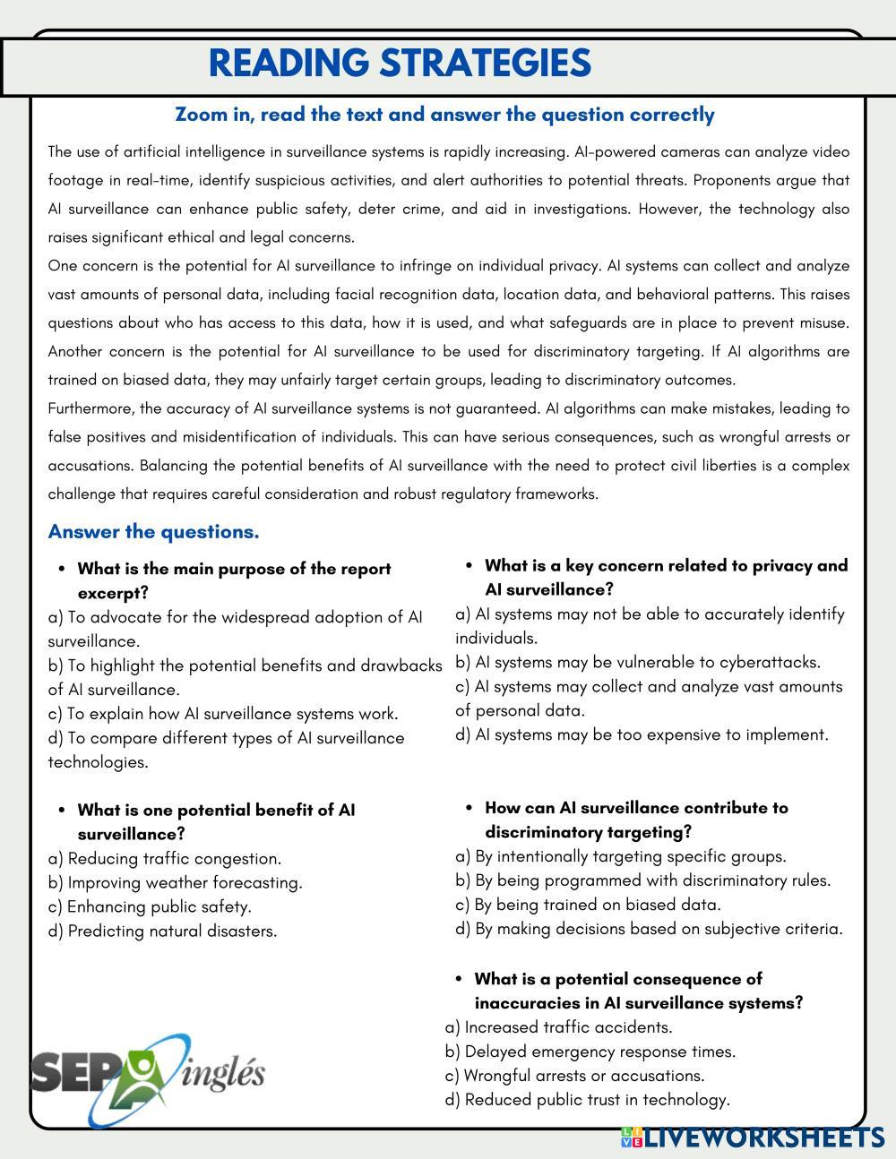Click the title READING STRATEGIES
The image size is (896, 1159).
click(x=400, y=64)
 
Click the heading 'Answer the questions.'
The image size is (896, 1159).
click(x=153, y=532)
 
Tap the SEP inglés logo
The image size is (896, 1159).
click(x=148, y=1075)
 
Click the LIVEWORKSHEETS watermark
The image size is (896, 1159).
click(x=753, y=1138)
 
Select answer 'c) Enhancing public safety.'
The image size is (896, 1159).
click(x=150, y=906)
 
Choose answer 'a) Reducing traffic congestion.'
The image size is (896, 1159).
click(x=165, y=858)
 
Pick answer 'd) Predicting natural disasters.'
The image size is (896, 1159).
click(x=162, y=931)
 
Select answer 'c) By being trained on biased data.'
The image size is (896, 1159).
click(x=588, y=905)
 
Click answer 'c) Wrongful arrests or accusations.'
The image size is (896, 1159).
click(x=574, y=1076)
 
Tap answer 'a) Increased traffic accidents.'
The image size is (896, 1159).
click(x=558, y=1027)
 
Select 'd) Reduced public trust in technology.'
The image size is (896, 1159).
click(x=587, y=1100)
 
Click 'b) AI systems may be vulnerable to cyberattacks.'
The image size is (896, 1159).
click(x=638, y=662)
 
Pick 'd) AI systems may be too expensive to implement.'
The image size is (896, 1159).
click(x=642, y=734)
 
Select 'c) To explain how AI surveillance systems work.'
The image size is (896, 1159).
click(x=223, y=714)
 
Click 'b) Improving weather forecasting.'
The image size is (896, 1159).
click(x=176, y=882)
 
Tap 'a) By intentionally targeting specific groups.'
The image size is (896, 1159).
click(x=621, y=856)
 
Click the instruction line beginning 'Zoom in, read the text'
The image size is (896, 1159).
click(x=444, y=115)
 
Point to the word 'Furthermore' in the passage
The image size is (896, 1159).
click(x=90, y=408)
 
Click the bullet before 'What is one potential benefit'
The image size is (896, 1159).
click(x=62, y=810)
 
